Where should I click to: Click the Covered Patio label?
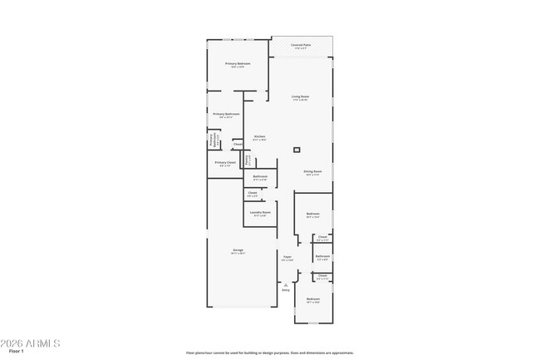click(301, 46)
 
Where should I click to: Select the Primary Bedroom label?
click(237, 64)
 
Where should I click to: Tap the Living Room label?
click(300, 97)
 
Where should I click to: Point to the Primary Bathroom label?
click(226, 115)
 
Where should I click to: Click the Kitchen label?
click(259, 137)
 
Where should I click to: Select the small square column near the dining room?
click(297, 150)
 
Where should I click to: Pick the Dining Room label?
click(312, 172)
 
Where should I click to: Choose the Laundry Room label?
click(261, 213)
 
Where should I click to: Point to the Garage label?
click(238, 251)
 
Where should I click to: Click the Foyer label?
click(287, 258)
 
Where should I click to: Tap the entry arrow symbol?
click(286, 284)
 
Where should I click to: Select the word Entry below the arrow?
click(286, 290)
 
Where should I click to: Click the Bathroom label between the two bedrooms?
click(322, 257)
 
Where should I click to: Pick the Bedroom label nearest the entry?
click(312, 299)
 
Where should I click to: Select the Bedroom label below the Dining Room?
click(312, 215)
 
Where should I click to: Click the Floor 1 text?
click(17, 352)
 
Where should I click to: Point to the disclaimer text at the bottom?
click(270, 353)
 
